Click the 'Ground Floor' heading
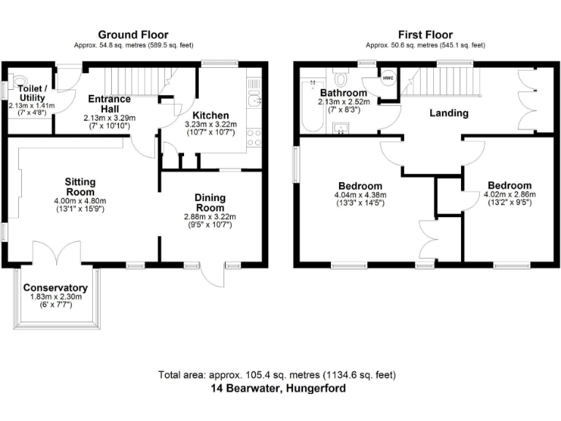pos(133,34)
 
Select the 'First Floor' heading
pos(425,34)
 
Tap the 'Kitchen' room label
pos(210,115)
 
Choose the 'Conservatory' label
pos(56,288)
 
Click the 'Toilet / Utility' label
pos(31,93)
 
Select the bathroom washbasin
pos(341,129)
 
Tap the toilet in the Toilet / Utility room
pos(18,82)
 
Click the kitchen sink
pos(254,99)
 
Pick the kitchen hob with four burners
pos(254,137)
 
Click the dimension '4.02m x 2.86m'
pos(509,194)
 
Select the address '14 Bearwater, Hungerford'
pos(277,389)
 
